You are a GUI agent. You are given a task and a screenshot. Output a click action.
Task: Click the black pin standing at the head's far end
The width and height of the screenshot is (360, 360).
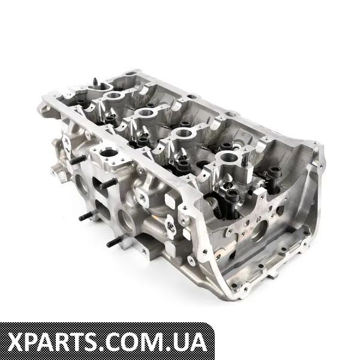point(95,83)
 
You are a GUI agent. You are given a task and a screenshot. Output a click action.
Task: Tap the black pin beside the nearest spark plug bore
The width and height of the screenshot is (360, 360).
point(245,160)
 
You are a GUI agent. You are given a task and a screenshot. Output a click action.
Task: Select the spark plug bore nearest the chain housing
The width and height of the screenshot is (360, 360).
point(228,157)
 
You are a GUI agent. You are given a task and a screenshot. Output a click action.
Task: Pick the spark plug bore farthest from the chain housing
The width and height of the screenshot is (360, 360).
point(113,96)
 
